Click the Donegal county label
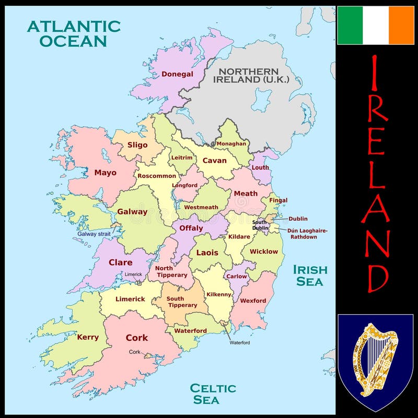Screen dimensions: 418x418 pos(177,74)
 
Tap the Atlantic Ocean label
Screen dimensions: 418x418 pos(74,33)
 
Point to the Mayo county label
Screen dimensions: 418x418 pos(105,172)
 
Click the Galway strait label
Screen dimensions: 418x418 pos(94,234)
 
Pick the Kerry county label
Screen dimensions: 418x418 pos(88,337)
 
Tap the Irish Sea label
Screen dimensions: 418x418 pos(310,276)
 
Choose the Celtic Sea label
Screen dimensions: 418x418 pos(213,394)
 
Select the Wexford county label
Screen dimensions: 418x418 pos(253,301)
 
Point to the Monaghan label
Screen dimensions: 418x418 pos(231,144)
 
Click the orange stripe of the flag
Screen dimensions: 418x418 pos(401,26)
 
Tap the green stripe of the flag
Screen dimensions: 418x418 pos(350,26)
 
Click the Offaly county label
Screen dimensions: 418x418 pos(191,228)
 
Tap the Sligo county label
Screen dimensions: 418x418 pos(137,145)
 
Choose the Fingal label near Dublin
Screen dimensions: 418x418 pos(278,200)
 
